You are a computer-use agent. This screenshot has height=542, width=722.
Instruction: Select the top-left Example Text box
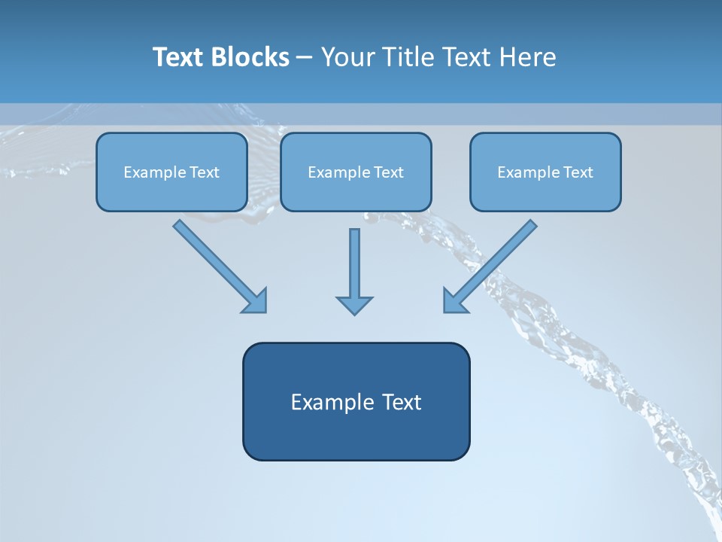[x=171, y=172]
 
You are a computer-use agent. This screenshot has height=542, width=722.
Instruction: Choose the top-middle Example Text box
[x=356, y=172]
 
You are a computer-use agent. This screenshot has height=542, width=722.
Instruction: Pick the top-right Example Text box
[x=545, y=172]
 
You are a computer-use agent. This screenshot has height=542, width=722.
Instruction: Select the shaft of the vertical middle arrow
[x=354, y=260]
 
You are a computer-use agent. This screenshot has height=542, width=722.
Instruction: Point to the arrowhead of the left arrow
[x=256, y=301]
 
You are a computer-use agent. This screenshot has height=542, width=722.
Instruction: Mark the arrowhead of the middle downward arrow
[x=354, y=304]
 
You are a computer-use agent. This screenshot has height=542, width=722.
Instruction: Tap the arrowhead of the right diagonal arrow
[x=454, y=301]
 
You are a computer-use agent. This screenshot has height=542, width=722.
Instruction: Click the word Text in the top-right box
[x=578, y=172]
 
